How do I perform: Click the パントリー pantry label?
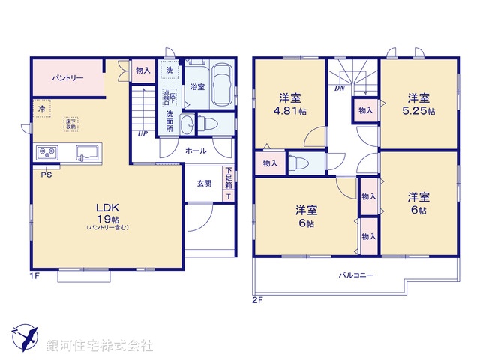[x=67, y=78]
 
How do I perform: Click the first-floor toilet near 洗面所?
[x=205, y=124]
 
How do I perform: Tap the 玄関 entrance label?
[x=204, y=183]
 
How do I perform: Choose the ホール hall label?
[x=196, y=151]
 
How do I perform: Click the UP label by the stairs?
[x=142, y=134]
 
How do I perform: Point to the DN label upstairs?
[x=339, y=87]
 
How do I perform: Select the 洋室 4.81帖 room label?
[x=289, y=104]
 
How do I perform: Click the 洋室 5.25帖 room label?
[x=418, y=104]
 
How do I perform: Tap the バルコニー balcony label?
[x=356, y=275]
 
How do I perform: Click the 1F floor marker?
[x=34, y=276]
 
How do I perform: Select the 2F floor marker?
[x=257, y=300]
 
